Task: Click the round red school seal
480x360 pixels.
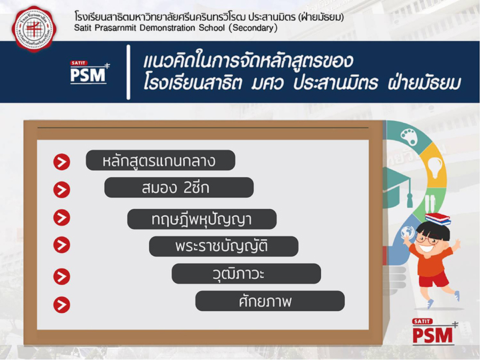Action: coord(34,29)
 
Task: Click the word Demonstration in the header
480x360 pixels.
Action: coord(167,28)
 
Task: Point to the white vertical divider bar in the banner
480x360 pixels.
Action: coord(129,72)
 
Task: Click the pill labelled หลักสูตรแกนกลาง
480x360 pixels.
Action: coord(161,160)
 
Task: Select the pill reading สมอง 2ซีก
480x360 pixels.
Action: coord(179,187)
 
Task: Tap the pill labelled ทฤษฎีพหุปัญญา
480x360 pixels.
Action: coord(202,219)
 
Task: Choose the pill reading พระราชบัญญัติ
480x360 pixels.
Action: coord(223,246)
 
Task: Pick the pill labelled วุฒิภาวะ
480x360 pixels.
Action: coord(246,273)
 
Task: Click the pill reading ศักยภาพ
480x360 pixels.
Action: coord(270,301)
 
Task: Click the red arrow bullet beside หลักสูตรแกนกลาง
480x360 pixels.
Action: coord(62,162)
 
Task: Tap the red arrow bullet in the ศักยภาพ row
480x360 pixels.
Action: coord(62,305)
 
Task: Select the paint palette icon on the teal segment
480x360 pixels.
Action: coord(409,137)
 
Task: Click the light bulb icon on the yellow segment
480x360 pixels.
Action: coord(435,167)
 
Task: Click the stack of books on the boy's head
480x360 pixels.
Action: coord(438,218)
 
